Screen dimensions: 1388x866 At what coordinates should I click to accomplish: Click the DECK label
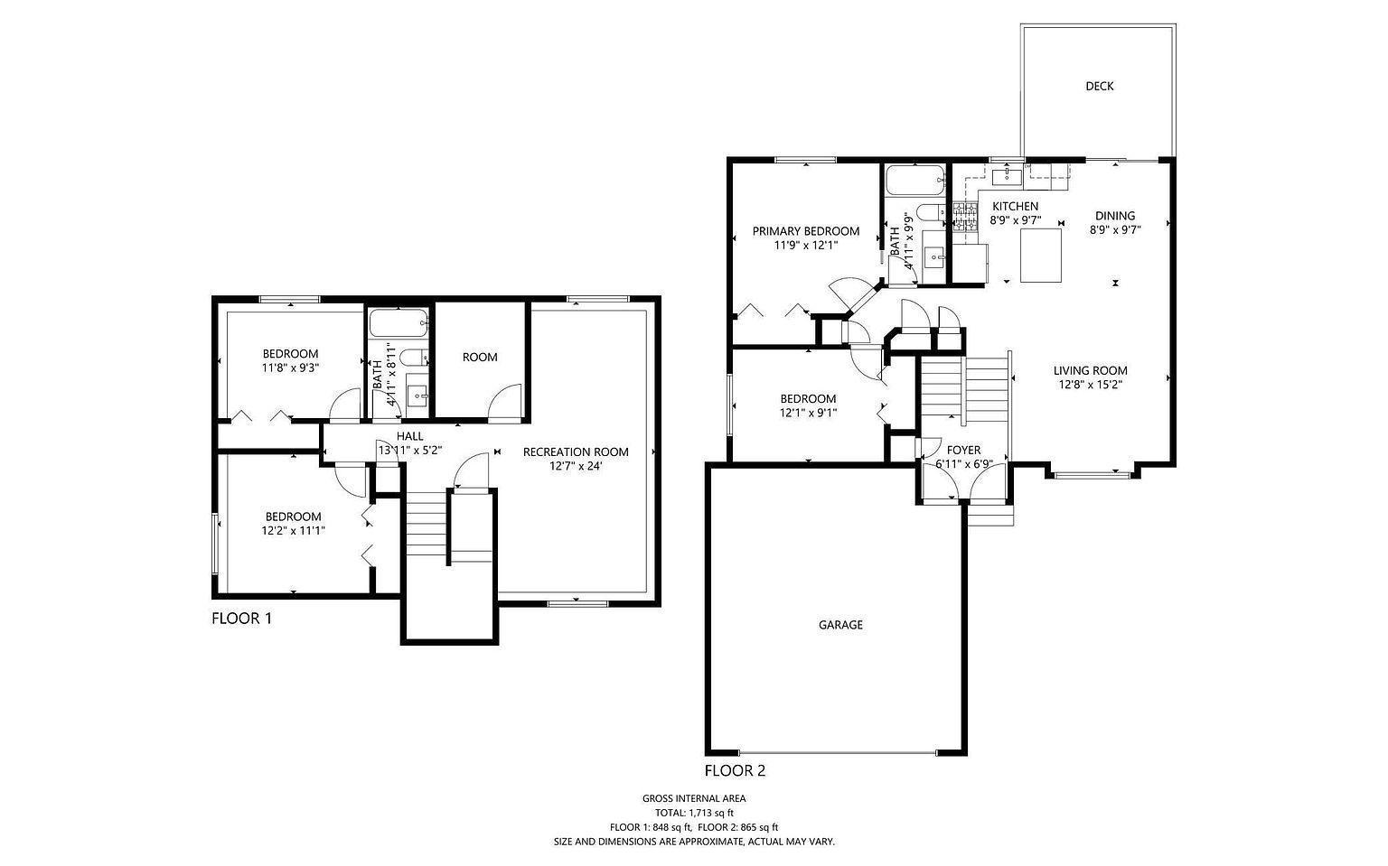(x=1099, y=87)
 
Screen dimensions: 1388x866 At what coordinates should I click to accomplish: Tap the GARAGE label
(x=840, y=625)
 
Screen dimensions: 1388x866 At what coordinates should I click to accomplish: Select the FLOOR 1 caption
(x=241, y=619)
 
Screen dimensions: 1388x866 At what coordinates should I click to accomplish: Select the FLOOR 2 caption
(x=735, y=770)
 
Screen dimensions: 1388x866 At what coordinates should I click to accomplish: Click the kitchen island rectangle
(x=1041, y=256)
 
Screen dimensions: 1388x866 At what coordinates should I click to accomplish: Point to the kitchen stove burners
(x=964, y=218)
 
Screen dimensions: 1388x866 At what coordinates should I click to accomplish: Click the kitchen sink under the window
(x=1007, y=177)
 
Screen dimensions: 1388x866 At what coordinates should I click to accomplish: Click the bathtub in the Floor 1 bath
(x=399, y=322)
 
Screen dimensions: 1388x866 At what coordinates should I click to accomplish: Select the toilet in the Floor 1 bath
(x=414, y=358)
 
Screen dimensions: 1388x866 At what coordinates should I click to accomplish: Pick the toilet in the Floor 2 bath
(x=931, y=213)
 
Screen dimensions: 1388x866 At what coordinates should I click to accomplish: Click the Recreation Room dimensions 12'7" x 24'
(x=576, y=466)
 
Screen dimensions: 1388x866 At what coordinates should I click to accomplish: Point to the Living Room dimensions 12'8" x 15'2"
(x=1090, y=385)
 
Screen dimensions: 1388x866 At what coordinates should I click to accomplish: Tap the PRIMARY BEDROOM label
(x=805, y=231)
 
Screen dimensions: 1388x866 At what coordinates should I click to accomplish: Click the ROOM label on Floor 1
(x=480, y=358)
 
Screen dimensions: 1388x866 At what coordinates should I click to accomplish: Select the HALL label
(x=409, y=436)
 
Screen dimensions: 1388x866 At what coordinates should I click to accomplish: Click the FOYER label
(x=963, y=451)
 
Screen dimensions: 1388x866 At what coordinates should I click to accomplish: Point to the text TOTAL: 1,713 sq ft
(x=694, y=814)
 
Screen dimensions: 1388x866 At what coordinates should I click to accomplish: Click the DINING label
(x=1115, y=216)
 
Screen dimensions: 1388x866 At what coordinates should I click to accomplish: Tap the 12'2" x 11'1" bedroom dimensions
(x=293, y=530)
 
